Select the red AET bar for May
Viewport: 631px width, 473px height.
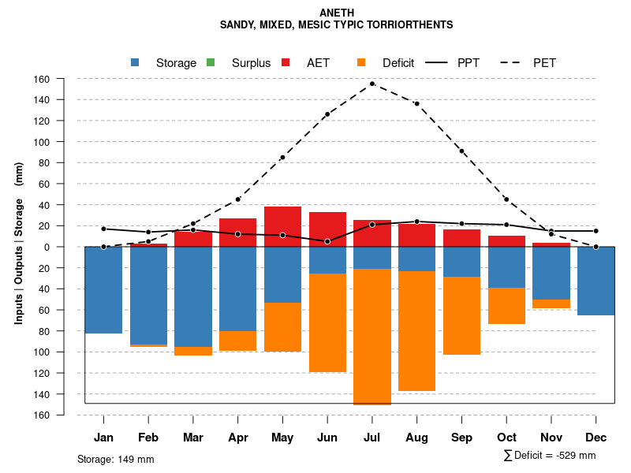click(282, 227)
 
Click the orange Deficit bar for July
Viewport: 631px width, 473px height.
click(372, 336)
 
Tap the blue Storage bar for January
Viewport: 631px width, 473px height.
click(103, 290)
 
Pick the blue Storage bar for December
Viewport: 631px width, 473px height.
click(596, 281)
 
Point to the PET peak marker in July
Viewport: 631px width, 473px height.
click(372, 84)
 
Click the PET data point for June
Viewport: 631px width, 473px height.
click(327, 114)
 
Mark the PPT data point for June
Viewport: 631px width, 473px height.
click(327, 241)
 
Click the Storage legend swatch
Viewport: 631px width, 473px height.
click(136, 63)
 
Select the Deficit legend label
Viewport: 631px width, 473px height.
click(398, 63)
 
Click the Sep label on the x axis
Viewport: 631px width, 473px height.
click(461, 438)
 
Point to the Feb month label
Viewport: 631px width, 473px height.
click(148, 438)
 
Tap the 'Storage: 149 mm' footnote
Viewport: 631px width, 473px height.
click(115, 459)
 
